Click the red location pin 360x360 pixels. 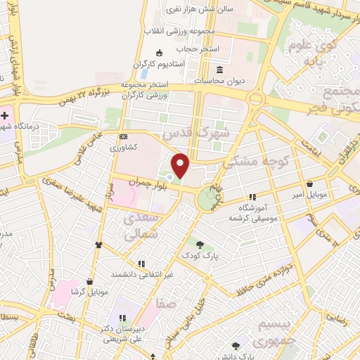(x=181, y=166)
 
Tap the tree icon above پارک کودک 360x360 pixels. (x=200, y=245)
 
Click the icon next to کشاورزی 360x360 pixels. (x=124, y=136)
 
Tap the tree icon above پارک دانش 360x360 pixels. (x=235, y=346)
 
